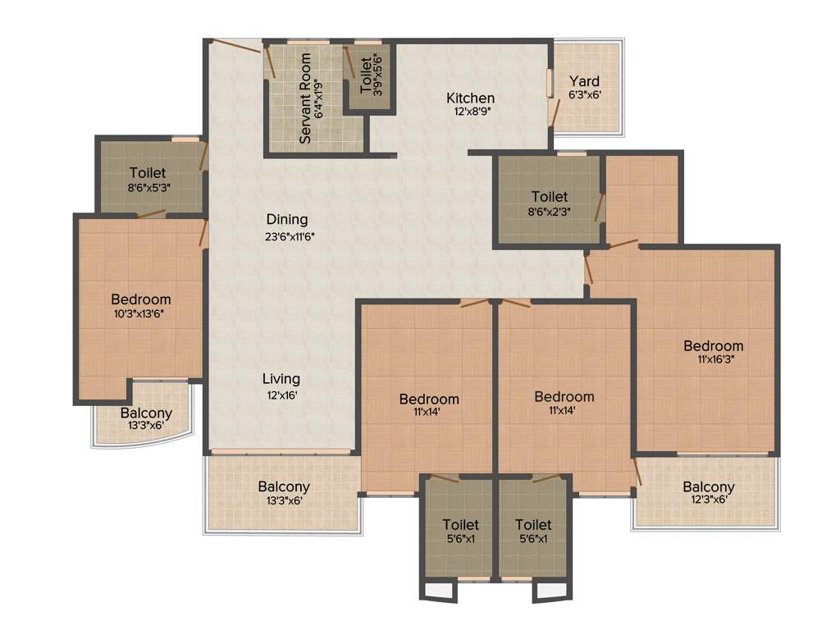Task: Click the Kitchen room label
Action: tap(470, 98)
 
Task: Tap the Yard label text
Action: tap(585, 81)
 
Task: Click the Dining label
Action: tap(286, 220)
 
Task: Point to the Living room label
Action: tap(281, 379)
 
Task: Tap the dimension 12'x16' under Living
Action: tap(281, 395)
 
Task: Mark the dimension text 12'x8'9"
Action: tap(470, 113)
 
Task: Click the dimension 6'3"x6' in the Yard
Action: tap(585, 95)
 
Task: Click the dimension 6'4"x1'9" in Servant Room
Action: tap(319, 98)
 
